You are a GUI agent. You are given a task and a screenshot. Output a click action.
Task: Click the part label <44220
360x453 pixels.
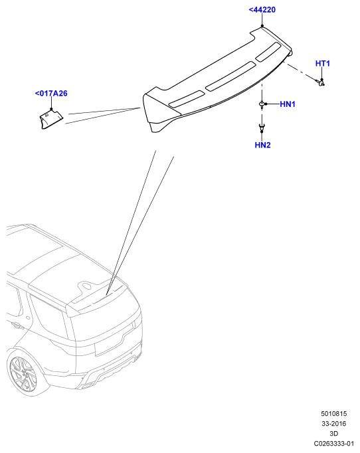[262, 10]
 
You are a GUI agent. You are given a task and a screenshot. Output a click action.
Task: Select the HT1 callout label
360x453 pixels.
[322, 63]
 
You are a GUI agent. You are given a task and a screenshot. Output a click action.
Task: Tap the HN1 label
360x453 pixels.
[288, 104]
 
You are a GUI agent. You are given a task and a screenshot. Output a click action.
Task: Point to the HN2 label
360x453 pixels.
[262, 145]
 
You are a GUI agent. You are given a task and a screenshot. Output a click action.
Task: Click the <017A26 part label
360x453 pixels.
[51, 93]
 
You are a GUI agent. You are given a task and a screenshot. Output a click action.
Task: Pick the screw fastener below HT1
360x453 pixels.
[320, 82]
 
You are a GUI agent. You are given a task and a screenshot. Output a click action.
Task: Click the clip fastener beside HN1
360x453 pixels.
[262, 104]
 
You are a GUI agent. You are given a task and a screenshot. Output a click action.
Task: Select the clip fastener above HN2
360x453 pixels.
[262, 127]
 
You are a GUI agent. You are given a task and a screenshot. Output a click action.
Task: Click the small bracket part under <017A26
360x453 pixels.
[51, 119]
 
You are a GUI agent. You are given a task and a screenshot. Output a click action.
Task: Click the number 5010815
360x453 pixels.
[333, 413]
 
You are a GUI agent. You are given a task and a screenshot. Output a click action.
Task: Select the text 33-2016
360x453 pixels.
[333, 424]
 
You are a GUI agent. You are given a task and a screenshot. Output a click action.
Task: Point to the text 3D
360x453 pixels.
[333, 433]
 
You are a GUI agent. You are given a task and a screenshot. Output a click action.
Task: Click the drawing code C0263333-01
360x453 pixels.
[333, 444]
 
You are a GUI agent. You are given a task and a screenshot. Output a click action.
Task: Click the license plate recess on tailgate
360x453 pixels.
[114, 343]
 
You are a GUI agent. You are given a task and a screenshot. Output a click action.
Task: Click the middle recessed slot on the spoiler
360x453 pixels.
[230, 76]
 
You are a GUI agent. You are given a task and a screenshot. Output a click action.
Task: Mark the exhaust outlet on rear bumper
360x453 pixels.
[86, 387]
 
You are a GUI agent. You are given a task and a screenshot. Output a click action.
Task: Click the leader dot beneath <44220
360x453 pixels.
[262, 26]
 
